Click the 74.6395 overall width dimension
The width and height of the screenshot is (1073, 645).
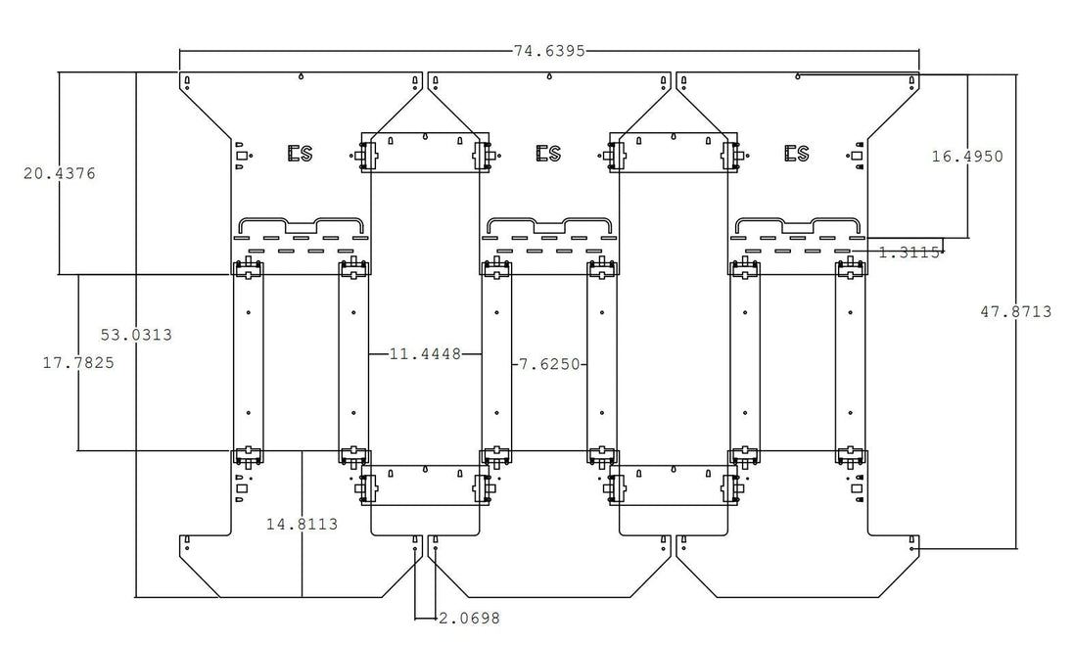[549, 51]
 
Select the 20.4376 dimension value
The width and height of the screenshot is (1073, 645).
[60, 174]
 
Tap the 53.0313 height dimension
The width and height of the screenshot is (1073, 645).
[136, 335]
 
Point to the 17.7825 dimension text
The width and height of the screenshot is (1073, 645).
[78, 362]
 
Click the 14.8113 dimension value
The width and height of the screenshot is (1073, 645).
[302, 525]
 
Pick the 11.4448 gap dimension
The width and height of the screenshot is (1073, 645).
[425, 354]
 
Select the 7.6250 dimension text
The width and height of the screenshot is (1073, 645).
[549, 364]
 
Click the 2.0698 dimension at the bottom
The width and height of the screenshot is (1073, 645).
[469, 619]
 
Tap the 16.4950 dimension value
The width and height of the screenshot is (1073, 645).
[967, 157]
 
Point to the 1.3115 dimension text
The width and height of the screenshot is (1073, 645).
[910, 253]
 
